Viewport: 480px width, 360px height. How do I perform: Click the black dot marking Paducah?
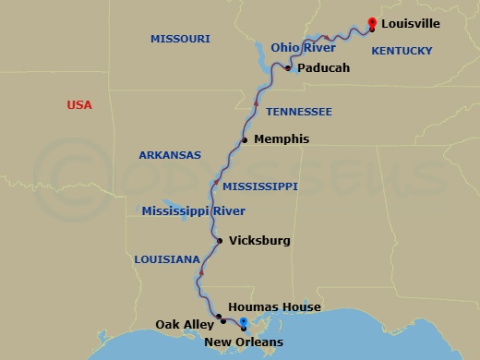[x=289, y=68]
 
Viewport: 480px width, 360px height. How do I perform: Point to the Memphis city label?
[x=281, y=139]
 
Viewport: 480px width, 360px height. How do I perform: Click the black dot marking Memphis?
[x=245, y=140]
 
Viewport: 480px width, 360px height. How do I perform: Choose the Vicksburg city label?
[x=259, y=241]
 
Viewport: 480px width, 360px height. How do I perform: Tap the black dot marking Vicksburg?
[x=219, y=242]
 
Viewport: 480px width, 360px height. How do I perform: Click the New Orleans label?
[x=244, y=342]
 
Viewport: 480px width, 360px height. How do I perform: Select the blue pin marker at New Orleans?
[x=242, y=322]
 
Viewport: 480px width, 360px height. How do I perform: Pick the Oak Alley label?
[x=185, y=324]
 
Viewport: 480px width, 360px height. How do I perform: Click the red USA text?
[x=79, y=105]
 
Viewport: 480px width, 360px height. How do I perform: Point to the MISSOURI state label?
[x=180, y=39]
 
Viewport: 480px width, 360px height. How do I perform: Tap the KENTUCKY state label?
[x=402, y=54]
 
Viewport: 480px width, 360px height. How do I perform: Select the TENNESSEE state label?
[x=298, y=112]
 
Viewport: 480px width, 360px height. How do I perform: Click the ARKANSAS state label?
[x=170, y=155]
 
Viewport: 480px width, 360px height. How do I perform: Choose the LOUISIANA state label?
[x=166, y=259]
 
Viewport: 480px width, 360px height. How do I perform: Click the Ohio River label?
[x=304, y=46]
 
